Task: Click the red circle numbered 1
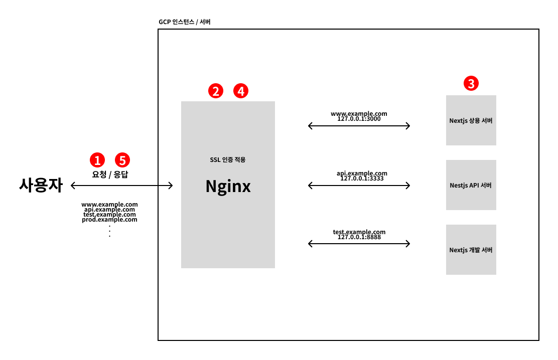pos(97,160)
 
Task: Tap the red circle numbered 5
pos(122,160)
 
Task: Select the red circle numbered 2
pos(216,91)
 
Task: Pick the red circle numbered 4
pos(241,91)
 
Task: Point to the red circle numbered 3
pos(471,84)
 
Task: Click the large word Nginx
pos(228,187)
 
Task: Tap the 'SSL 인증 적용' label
pos(228,160)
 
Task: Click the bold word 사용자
pos(41,186)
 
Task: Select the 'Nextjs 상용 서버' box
pos(471,120)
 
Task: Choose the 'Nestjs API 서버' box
pos(471,185)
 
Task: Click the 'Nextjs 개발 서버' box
pos(471,250)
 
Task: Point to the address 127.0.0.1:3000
pos(359,120)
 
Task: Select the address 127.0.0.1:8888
pos(359,237)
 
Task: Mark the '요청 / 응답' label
pos(110,175)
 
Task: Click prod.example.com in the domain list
pos(109,220)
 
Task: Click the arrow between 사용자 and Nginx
pos(122,186)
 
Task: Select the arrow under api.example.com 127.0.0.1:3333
pos(359,186)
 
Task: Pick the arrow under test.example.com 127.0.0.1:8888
pos(359,244)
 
